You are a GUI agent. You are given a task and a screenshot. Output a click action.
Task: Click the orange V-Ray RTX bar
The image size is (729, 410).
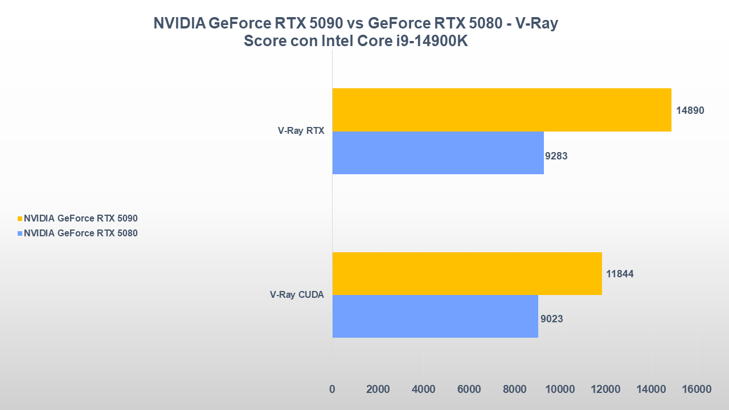coord(501,110)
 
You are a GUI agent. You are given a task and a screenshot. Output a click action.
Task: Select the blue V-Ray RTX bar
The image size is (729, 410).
coord(437,153)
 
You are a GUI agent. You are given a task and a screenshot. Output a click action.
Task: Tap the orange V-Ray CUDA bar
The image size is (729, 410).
coord(466,273)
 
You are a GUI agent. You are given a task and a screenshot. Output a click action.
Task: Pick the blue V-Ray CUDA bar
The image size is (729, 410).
coord(435,316)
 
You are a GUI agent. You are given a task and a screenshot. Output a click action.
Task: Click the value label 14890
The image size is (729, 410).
coord(690,110)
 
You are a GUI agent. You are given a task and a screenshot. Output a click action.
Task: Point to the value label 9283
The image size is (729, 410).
coord(556,155)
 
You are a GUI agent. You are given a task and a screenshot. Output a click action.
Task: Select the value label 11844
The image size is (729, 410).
coord(620,274)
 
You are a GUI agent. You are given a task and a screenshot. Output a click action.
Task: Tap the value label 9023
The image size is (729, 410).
coord(552,319)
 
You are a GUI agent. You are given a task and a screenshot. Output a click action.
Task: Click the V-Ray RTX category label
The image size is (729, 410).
coord(301,130)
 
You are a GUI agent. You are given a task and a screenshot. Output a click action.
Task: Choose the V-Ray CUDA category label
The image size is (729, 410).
coord(297,294)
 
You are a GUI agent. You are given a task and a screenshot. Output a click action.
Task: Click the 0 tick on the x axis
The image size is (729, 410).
coord(332,389)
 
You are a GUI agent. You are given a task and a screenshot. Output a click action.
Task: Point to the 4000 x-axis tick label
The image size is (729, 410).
coord(423,389)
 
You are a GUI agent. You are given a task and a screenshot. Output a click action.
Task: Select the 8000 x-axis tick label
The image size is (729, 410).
coord(514,389)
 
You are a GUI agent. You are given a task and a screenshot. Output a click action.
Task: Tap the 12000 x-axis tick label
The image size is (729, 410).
coord(605,389)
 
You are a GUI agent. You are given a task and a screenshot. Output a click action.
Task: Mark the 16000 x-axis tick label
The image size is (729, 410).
coord(696,389)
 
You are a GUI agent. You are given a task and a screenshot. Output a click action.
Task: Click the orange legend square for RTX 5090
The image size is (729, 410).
coord(21,218)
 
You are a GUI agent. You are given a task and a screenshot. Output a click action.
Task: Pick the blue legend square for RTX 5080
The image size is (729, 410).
coord(21,233)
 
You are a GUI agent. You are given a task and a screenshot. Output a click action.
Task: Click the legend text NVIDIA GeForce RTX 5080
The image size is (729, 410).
coord(81,233)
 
